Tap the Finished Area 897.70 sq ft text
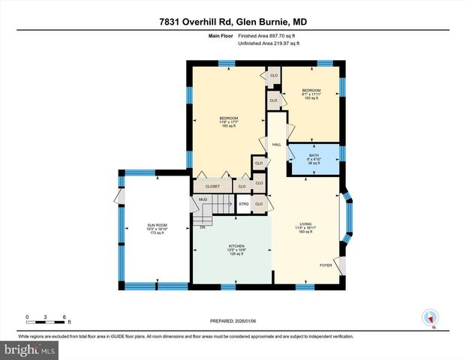pyautogui.click(x=268, y=35)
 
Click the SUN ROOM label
pyautogui.click(x=155, y=226)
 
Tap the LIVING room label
pyautogui.click(x=305, y=223)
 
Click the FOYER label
pyautogui.click(x=326, y=265)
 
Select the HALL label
pyautogui.click(x=276, y=144)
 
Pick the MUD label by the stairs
pyautogui.click(x=203, y=200)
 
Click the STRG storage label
pyautogui.click(x=244, y=203)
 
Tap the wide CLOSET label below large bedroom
pyautogui.click(x=211, y=185)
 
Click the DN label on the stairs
pyautogui.click(x=203, y=226)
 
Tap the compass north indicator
pyautogui.click(x=430, y=317)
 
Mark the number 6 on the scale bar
pyautogui.click(x=65, y=317)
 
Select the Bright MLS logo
pyautogui.click(x=30, y=349)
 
